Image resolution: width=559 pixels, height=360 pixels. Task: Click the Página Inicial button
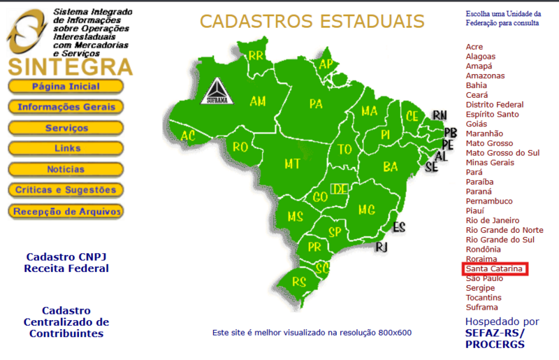click(66, 87)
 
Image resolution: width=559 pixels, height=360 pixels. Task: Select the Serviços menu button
click(66, 128)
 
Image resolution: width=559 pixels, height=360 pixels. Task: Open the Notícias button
click(66, 169)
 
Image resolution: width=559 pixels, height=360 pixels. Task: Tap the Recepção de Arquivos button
click(66, 210)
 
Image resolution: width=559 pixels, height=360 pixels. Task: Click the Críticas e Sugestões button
click(66, 190)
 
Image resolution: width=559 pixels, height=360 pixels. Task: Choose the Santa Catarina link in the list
click(495, 268)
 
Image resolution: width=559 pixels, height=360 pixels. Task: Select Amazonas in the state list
click(485, 75)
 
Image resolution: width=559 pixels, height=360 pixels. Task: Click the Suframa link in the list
click(482, 307)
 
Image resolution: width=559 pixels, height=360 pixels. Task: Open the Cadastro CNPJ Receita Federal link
click(66, 262)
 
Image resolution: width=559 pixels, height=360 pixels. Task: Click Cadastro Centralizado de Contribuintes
click(66, 322)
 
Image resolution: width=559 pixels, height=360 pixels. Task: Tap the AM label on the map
click(258, 101)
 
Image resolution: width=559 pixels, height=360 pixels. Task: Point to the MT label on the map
click(292, 164)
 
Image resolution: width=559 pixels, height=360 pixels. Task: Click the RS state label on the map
click(299, 282)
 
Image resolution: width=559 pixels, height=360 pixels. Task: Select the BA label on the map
click(390, 166)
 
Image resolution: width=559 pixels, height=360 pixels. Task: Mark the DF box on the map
click(340, 189)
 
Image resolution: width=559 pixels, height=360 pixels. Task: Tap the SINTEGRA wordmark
click(70, 67)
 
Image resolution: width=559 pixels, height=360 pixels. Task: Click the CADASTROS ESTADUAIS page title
click(312, 21)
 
